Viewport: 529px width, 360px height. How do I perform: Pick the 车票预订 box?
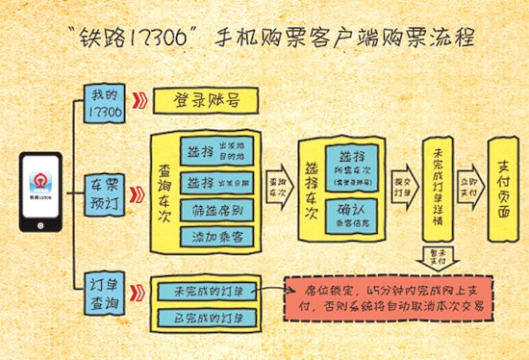[106, 189]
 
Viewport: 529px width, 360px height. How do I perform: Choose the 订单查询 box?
[106, 294]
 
